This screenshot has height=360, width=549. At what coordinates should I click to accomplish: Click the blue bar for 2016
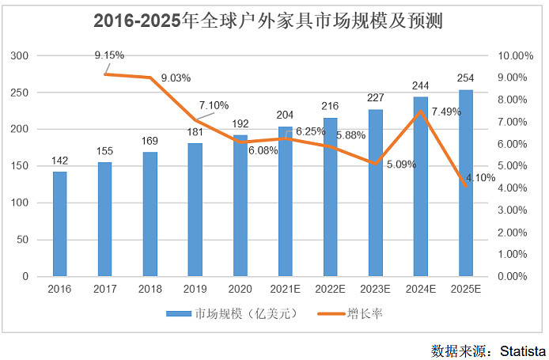[59, 224]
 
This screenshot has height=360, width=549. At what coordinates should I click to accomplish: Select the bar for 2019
[195, 210]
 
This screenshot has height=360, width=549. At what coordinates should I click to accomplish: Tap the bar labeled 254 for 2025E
[466, 183]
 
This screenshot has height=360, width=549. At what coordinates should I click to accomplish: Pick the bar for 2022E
[330, 197]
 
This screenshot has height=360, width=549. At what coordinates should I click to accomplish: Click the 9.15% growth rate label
[108, 55]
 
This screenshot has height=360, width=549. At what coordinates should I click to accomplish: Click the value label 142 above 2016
[59, 161]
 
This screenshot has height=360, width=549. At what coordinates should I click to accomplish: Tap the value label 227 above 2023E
[375, 99]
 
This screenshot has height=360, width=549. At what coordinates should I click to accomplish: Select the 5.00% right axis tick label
[516, 166]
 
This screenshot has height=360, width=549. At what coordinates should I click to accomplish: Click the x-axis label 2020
[240, 289]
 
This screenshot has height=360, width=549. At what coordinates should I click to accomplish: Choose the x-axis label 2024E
[421, 289]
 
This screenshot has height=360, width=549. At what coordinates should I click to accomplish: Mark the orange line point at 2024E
[421, 111]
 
